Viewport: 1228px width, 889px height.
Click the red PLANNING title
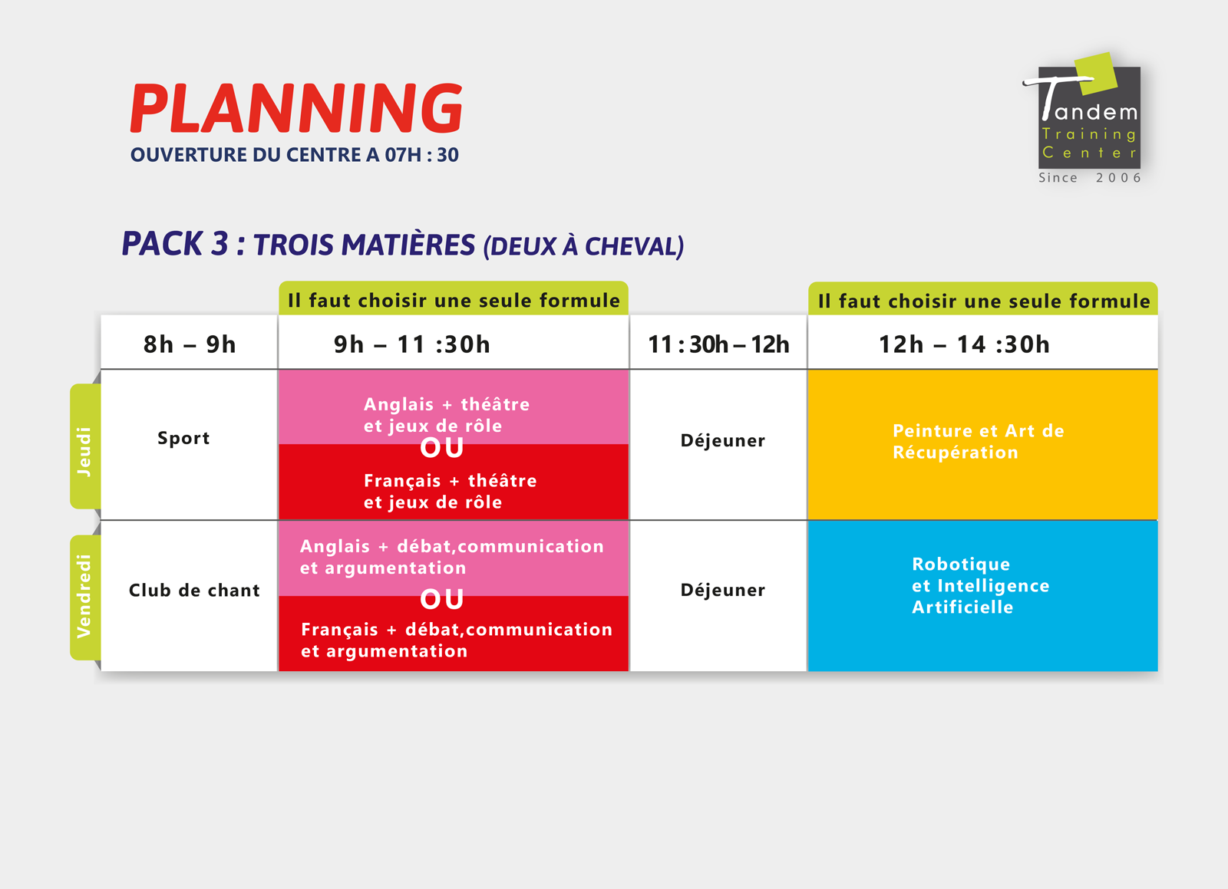(296, 108)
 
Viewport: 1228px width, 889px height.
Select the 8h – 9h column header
(190, 344)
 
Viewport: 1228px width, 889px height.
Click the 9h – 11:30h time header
(411, 344)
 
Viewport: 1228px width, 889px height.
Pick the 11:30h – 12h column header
(718, 344)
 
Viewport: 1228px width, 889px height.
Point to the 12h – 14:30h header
(964, 344)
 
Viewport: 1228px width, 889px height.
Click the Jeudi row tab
(85, 446)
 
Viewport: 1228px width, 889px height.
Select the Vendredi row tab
(85, 597)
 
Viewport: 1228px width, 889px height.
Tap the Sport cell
(183, 438)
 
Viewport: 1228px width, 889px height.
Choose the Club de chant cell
(195, 591)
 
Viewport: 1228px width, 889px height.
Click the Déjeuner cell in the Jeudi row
(722, 440)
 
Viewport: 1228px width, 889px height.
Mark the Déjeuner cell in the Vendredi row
(722, 590)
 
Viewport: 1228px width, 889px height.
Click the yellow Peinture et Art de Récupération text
(979, 442)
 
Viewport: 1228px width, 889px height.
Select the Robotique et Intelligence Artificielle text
(981, 585)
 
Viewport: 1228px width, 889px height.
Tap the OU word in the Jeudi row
(442, 448)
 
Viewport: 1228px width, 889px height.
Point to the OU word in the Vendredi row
(442, 599)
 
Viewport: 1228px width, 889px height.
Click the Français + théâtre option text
(450, 492)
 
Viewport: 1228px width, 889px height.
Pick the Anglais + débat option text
(452, 557)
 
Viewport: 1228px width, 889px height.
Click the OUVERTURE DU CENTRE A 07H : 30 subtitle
(295, 155)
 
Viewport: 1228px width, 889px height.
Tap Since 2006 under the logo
(1090, 177)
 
